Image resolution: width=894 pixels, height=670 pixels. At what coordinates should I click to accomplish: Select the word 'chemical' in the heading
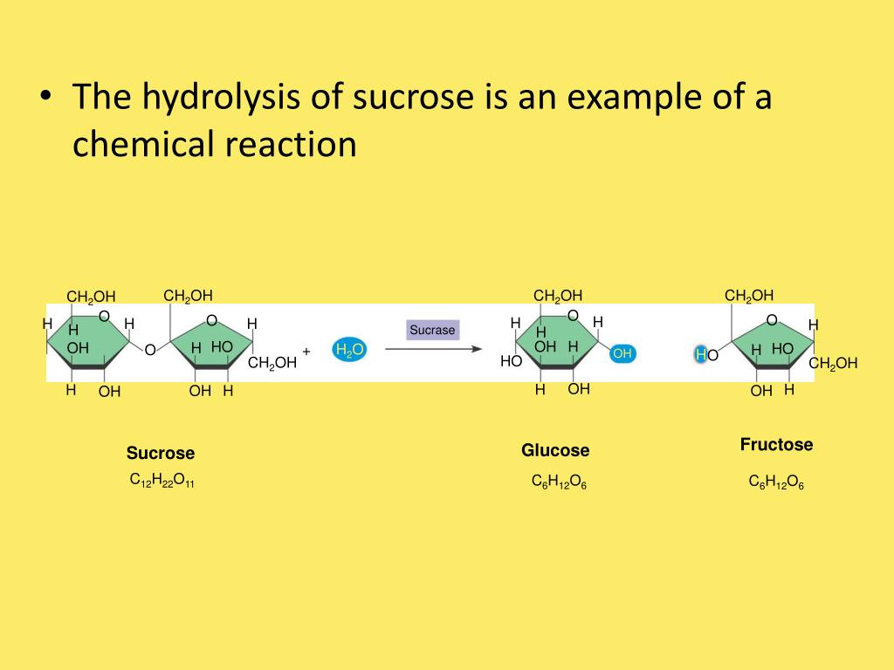pos(134,144)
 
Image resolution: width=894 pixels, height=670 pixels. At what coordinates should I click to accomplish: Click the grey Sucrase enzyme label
pos(433,330)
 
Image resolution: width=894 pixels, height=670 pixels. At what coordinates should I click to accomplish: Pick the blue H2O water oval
pos(349,351)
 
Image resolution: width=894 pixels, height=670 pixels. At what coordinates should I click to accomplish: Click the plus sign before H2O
pos(306,351)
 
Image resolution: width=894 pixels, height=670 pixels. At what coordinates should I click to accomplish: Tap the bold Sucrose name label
pos(161,453)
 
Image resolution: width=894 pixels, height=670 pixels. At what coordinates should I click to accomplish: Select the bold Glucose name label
pos(555,450)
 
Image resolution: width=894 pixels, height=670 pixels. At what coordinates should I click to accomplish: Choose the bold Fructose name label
pos(776,445)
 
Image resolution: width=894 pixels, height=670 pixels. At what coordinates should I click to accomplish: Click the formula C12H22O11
pos(162,480)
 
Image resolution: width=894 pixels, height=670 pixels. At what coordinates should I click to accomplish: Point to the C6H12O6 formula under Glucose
pos(559,482)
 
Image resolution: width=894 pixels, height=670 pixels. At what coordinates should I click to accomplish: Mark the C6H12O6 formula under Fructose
pos(776,482)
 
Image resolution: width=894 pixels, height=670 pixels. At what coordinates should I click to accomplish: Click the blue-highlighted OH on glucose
pos(622,353)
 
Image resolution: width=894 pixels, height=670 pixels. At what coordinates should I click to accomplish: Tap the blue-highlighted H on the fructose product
pos(700,354)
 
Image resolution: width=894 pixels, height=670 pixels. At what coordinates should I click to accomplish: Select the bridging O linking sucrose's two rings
pos(149,350)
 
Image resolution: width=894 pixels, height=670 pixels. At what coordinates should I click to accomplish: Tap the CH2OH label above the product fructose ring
pos(749,295)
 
